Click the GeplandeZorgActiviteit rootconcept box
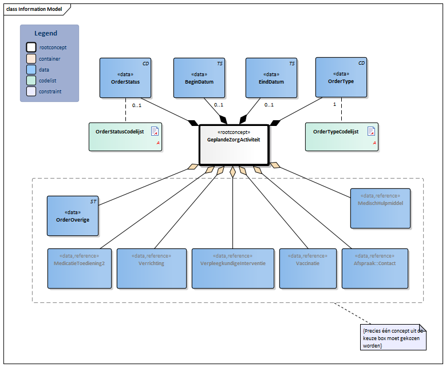(x=233, y=144)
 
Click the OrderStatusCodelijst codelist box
(x=125, y=136)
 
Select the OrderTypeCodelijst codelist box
(x=341, y=136)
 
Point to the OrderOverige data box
(x=73, y=216)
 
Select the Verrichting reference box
(x=151, y=268)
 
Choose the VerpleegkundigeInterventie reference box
(x=232, y=268)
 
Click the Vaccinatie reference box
(x=307, y=268)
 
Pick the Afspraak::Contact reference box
(x=374, y=268)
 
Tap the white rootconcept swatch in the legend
(x=31, y=48)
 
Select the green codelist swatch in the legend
(x=31, y=80)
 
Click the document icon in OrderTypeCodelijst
(x=371, y=131)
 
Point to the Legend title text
(x=45, y=34)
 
